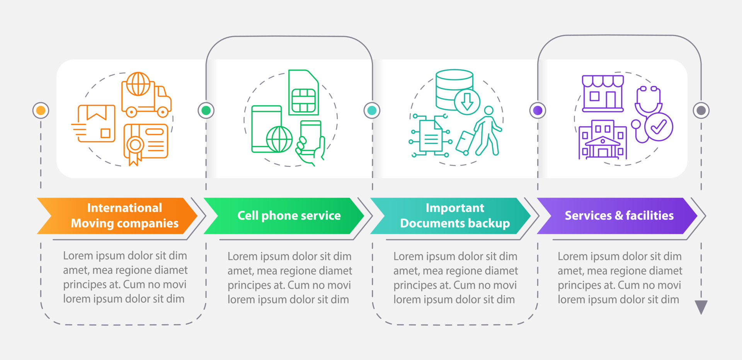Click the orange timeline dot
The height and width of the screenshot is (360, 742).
(x=41, y=111)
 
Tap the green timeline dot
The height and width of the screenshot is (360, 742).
(x=206, y=111)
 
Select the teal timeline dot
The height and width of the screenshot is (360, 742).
(x=372, y=111)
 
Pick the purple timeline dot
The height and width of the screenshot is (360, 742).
(x=538, y=111)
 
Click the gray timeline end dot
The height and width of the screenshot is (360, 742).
(x=701, y=111)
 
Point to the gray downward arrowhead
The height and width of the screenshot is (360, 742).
(x=701, y=307)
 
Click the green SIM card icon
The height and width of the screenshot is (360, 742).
(x=303, y=93)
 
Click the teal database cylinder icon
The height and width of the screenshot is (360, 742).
(x=454, y=90)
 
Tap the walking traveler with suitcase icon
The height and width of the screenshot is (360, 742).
(x=481, y=133)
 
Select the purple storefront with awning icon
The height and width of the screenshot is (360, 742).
(x=602, y=93)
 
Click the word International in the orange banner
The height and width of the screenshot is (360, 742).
(x=124, y=208)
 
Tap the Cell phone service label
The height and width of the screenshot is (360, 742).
(x=289, y=216)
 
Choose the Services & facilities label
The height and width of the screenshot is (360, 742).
(x=619, y=216)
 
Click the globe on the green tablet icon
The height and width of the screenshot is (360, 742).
(x=279, y=139)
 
